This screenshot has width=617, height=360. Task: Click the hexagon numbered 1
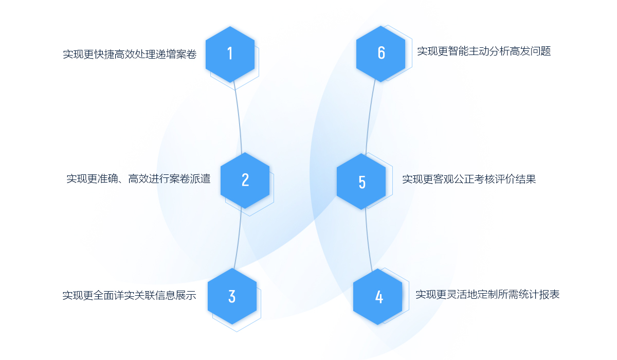(230, 53)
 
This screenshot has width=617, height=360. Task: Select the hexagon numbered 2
(245, 179)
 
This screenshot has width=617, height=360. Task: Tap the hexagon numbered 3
(232, 296)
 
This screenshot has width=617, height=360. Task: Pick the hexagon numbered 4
(378, 297)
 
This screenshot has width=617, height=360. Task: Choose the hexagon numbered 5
(361, 182)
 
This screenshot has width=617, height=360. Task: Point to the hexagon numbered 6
(380, 53)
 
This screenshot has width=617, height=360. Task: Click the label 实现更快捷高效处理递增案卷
(130, 54)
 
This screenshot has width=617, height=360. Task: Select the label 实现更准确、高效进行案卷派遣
(138, 179)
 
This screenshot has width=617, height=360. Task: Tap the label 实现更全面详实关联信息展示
(130, 296)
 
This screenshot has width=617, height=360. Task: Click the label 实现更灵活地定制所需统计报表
(487, 295)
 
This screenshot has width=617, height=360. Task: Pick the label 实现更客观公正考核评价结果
(469, 179)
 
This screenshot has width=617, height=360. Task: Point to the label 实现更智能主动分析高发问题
(484, 51)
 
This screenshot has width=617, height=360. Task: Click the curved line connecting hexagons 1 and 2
(239, 118)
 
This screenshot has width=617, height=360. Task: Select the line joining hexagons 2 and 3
(239, 239)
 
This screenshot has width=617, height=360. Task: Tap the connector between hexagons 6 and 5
(369, 118)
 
